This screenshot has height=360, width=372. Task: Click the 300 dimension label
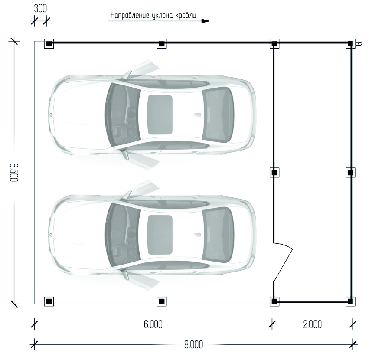(x=39, y=9)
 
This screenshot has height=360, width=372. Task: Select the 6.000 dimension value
(x=153, y=325)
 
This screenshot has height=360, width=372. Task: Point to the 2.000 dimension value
(x=312, y=325)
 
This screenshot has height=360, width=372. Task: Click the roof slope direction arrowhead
(x=206, y=20)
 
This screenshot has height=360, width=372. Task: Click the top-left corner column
(x=49, y=43)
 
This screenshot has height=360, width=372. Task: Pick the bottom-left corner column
(x=49, y=301)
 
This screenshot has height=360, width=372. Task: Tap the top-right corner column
(x=350, y=43)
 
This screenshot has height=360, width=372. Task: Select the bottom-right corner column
(x=350, y=301)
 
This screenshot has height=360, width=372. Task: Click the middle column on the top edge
(x=161, y=43)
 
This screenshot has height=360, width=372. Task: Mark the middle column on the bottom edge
(x=161, y=301)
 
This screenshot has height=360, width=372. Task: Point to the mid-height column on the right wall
(x=350, y=172)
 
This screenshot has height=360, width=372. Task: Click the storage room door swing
(x=284, y=260)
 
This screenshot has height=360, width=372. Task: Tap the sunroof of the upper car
(x=160, y=115)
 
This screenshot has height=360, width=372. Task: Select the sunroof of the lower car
(x=160, y=235)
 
